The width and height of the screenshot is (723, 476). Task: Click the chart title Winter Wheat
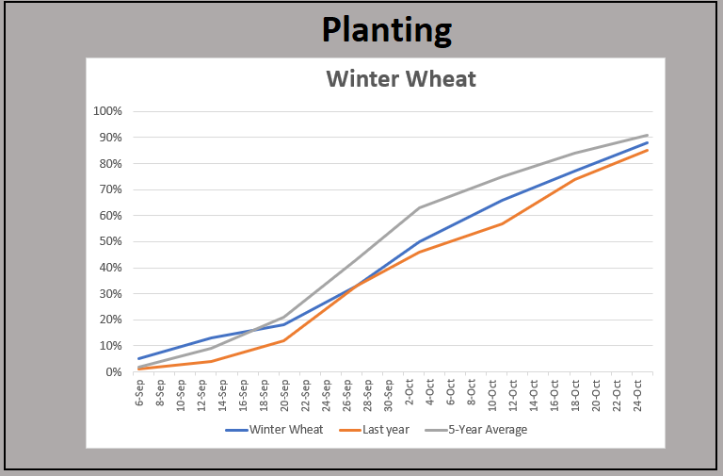[401, 78]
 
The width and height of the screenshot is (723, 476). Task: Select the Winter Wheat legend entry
[274, 430]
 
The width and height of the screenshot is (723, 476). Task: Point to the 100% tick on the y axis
[107, 111]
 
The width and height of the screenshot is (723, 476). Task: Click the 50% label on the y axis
[110, 241]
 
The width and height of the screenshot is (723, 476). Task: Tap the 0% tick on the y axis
[113, 371]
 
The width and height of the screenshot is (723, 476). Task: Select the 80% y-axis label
[110, 163]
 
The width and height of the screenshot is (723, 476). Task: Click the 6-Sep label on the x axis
[139, 393]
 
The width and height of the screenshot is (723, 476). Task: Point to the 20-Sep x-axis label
[284, 393]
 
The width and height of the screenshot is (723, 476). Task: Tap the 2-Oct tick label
[410, 393]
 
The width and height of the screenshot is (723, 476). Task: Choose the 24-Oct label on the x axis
[637, 395]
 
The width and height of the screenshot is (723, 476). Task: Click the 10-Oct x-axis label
[492, 395]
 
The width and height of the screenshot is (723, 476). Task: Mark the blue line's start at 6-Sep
[139, 358]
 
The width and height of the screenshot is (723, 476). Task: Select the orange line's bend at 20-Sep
[284, 340]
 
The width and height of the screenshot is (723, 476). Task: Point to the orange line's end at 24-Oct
[647, 150]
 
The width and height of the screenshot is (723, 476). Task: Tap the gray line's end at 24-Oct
[647, 135]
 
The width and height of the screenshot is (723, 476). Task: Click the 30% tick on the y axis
[110, 293]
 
